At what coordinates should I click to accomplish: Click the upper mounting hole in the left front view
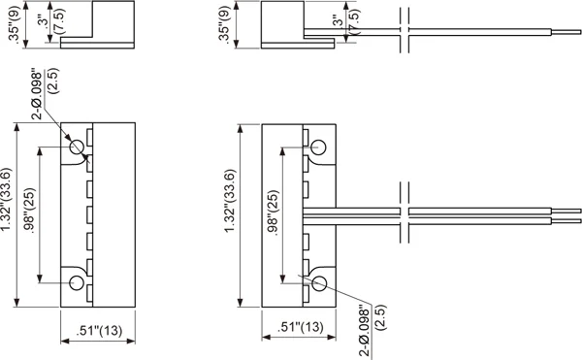[77, 147]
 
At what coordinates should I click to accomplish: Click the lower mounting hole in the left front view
[77, 282]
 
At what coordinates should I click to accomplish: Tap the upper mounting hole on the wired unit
[318, 147]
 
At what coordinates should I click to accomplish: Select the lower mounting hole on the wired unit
[319, 283]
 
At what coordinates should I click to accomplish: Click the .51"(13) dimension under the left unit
[99, 330]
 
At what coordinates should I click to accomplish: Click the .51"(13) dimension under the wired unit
[301, 327]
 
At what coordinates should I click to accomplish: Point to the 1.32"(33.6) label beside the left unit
[7, 199]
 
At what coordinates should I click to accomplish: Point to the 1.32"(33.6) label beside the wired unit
[230, 201]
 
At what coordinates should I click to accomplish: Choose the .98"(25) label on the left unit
[29, 211]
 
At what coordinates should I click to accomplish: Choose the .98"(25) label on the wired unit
[274, 213]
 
